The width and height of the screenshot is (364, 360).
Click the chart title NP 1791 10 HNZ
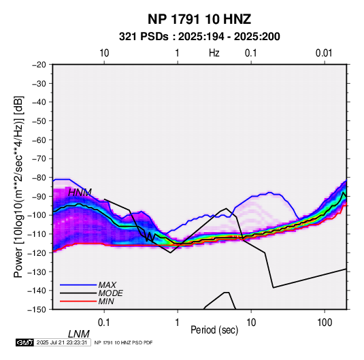[199, 19]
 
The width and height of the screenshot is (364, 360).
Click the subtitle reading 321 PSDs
[144, 37]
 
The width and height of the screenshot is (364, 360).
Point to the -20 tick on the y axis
[39, 65]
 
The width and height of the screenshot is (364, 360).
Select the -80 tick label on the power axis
[39, 178]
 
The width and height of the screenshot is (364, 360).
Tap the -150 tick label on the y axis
[37, 310]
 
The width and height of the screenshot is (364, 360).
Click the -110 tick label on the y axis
[37, 234]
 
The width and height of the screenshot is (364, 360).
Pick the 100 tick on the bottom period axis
[325, 323]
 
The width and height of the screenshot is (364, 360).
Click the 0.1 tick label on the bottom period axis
[103, 323]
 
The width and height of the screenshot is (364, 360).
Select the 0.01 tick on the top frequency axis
[324, 53]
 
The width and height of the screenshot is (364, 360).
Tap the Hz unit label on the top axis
[214, 53]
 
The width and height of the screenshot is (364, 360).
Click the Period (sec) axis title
[214, 330]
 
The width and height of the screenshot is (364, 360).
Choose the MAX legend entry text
[107, 285]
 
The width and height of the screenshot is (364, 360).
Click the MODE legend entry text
[110, 293]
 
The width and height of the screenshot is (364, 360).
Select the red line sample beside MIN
[78, 301]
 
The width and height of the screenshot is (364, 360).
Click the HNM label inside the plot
[80, 193]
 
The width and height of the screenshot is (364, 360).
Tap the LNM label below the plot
[78, 334]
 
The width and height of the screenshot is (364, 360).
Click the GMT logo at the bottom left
[24, 342]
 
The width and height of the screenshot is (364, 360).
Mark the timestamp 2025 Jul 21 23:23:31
[62, 342]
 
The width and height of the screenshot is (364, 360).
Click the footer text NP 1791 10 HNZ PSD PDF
[124, 342]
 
